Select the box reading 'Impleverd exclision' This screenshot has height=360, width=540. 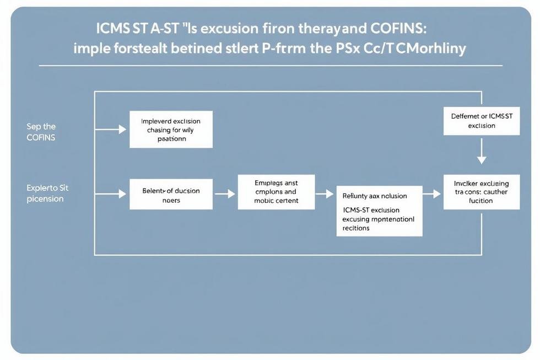171,130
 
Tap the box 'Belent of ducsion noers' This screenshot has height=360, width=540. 171,195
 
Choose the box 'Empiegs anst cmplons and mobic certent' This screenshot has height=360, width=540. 276,192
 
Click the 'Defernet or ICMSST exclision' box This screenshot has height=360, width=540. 481,121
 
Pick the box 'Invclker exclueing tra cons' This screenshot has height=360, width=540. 481,191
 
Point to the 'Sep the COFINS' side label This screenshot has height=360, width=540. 41,132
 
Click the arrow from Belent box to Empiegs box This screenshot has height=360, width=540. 225,194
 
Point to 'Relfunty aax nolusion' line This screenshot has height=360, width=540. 375,196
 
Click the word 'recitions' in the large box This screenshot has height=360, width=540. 356,228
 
